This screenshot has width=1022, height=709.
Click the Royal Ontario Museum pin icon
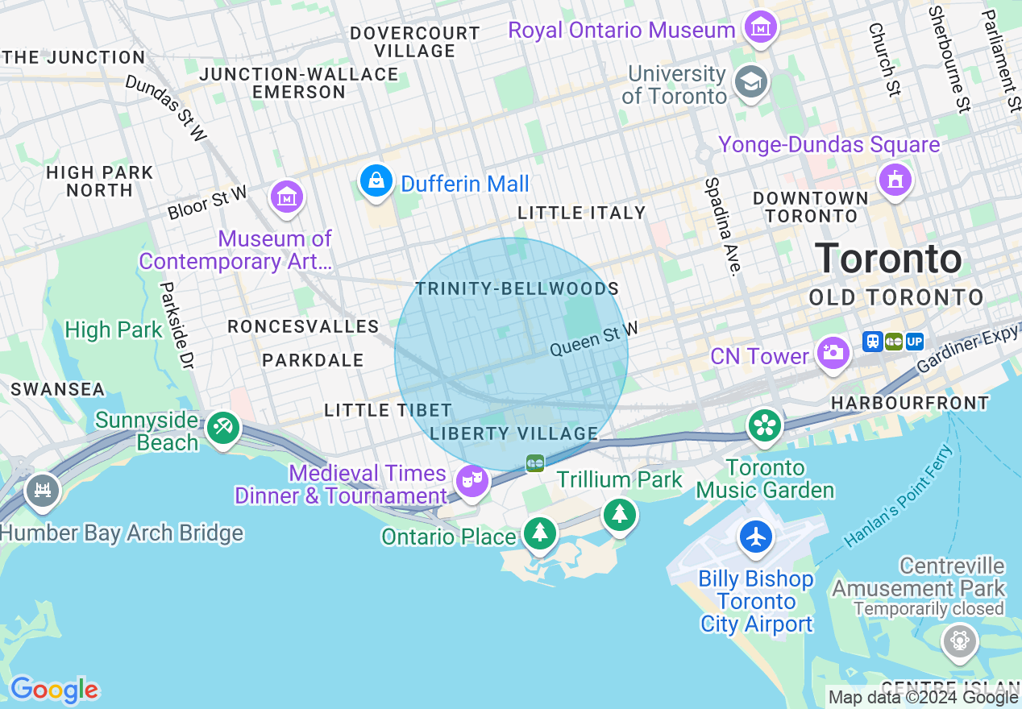[x=760, y=27]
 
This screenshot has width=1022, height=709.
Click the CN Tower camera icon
[x=833, y=352]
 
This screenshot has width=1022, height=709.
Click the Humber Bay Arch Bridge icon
[x=42, y=490]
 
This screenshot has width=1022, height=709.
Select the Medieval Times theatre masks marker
[x=472, y=481]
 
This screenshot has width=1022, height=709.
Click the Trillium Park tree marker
[x=619, y=513]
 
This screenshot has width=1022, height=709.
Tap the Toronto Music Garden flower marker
[x=764, y=425]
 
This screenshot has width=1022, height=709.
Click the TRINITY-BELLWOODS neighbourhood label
[x=517, y=288]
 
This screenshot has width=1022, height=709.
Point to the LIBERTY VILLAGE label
[x=514, y=433]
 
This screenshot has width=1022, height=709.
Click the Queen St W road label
[x=593, y=339]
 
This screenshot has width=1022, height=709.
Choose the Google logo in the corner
[x=54, y=690]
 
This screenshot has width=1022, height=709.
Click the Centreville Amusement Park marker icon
[x=959, y=641]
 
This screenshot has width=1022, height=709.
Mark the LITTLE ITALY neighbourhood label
[x=581, y=213]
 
